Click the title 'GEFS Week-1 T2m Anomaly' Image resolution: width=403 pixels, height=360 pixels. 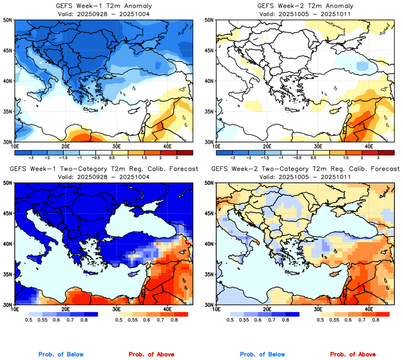(x=103, y=6)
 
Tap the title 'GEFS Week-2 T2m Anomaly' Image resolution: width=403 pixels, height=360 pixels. (x=302, y=6)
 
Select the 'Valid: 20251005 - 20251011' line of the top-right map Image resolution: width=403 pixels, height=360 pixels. (x=302, y=14)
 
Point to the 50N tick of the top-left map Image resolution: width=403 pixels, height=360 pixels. (x=9, y=20)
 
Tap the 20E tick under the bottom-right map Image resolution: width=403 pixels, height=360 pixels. (x=267, y=309)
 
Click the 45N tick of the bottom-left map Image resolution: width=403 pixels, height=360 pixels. (x=9, y=213)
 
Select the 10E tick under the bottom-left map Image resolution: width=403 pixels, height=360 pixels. (x=15, y=309)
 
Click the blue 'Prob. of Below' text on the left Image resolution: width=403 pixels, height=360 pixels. (x=60, y=354)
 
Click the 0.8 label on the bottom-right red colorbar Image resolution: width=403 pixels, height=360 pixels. (x=376, y=321)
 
